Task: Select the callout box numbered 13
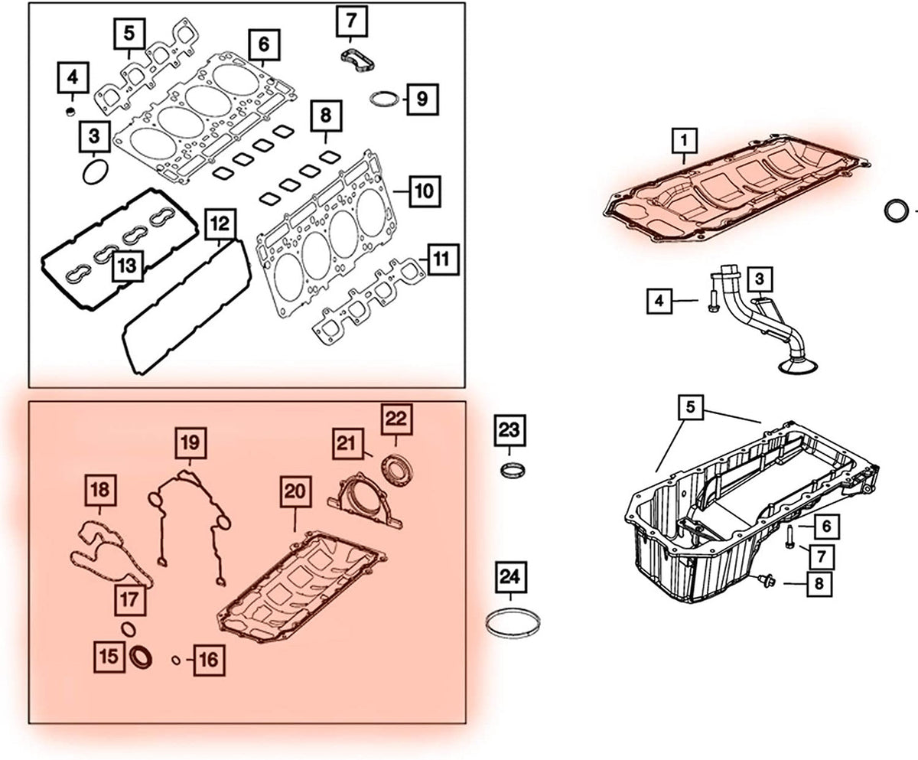128,266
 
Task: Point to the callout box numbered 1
685,141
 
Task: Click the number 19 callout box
189,442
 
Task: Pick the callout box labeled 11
439,259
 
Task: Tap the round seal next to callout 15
142,657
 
